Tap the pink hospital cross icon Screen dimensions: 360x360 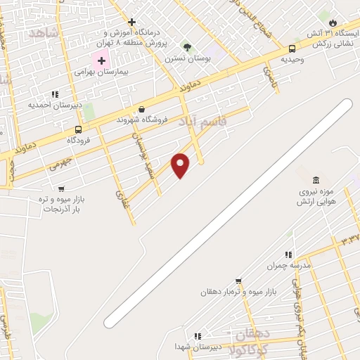tap(101, 61)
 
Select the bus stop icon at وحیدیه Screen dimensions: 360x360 tap(292, 49)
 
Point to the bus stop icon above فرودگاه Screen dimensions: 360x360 tap(78, 129)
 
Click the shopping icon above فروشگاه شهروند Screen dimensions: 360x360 tap(141, 110)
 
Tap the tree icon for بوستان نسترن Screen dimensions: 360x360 tap(187, 47)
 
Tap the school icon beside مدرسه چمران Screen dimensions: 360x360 tap(288, 255)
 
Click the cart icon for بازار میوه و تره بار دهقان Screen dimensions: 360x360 tap(238, 281)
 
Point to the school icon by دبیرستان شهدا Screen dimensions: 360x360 tap(198, 336)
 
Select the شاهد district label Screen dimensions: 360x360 tap(41, 32)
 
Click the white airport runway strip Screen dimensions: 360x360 tap(229, 213)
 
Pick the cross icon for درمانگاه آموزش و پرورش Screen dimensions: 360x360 tap(131, 22)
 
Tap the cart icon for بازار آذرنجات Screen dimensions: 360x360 tap(61, 188)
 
